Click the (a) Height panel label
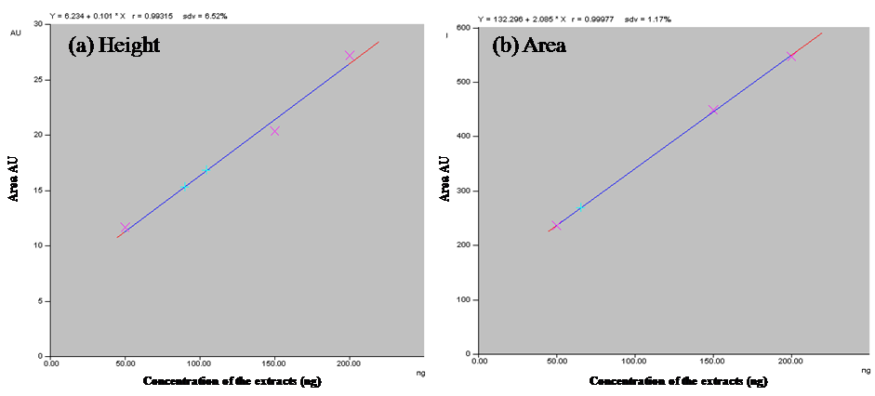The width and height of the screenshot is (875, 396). click(x=114, y=46)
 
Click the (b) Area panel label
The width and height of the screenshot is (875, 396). click(x=530, y=46)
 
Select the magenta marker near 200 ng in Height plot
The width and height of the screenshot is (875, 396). click(x=350, y=56)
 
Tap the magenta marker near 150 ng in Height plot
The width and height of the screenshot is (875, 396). click(x=275, y=131)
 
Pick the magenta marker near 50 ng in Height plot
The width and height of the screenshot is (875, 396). click(x=125, y=227)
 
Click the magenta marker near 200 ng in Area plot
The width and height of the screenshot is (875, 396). click(x=791, y=56)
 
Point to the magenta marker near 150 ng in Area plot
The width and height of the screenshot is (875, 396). click(x=713, y=111)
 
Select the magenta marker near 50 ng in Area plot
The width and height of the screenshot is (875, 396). click(x=556, y=225)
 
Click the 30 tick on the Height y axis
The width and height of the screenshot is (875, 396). click(x=38, y=24)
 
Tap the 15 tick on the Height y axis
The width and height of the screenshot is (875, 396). click(x=38, y=191)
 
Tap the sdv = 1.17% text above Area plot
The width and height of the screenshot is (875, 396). click(x=649, y=18)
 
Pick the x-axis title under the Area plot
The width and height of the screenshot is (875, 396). click(x=678, y=381)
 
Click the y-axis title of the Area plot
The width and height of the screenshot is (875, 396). click(x=444, y=178)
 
